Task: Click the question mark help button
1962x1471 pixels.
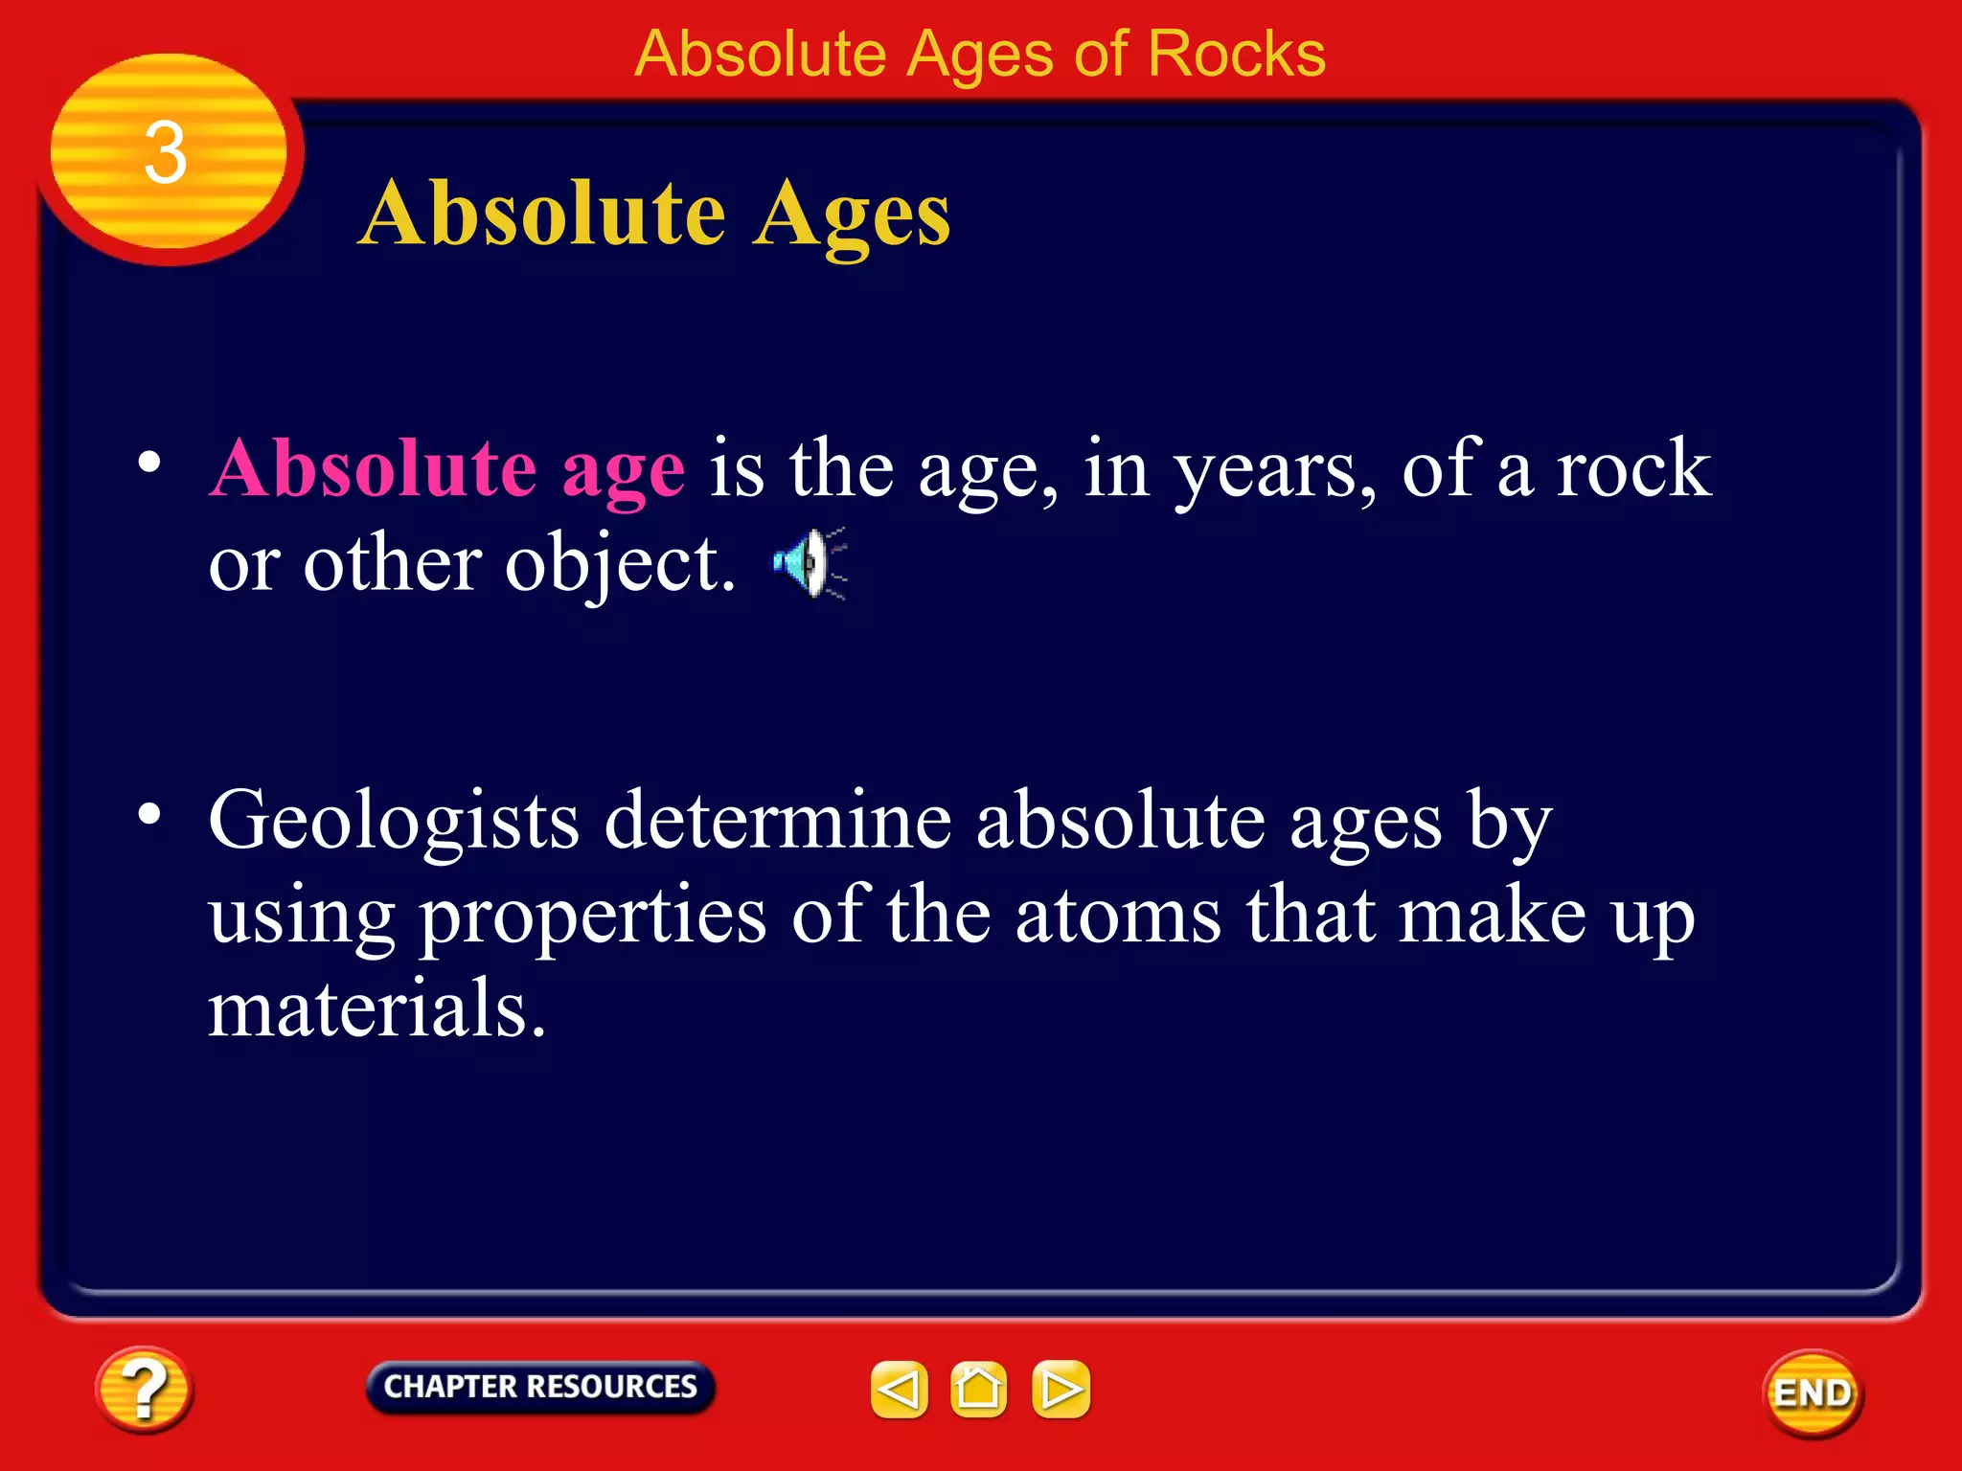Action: pyautogui.click(x=144, y=1390)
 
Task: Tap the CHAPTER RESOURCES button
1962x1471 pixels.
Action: pyautogui.click(x=540, y=1387)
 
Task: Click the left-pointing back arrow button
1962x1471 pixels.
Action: pyautogui.click(x=899, y=1390)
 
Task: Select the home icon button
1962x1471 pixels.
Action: pyautogui.click(x=978, y=1390)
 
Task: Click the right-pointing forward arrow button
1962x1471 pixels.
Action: pyautogui.click(x=1061, y=1390)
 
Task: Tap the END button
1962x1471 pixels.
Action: pyautogui.click(x=1813, y=1393)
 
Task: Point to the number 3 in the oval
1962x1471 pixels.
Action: pyautogui.click(x=165, y=153)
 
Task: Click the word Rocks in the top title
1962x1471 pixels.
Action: pyautogui.click(x=1236, y=54)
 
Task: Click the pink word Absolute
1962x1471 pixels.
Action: pyautogui.click(x=373, y=469)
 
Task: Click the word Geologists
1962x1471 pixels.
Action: pyautogui.click(x=394, y=822)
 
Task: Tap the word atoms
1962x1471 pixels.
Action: pyautogui.click(x=1117, y=916)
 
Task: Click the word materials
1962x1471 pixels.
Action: pyautogui.click(x=376, y=1008)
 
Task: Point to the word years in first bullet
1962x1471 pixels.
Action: pyautogui.click(x=1274, y=472)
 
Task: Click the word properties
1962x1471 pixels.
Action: pyautogui.click(x=593, y=917)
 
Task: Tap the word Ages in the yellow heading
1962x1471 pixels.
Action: pyautogui.click(x=851, y=215)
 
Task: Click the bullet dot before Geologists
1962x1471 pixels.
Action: pyautogui.click(x=149, y=814)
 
